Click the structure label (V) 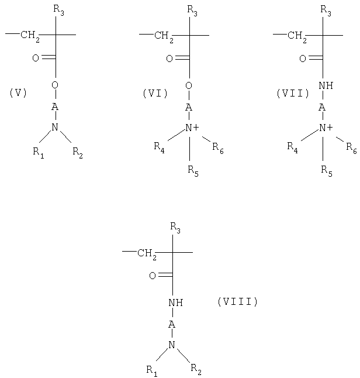click(x=18, y=93)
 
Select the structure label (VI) click(x=155, y=93)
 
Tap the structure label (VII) click(x=293, y=93)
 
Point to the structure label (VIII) click(x=238, y=301)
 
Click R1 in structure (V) click(x=39, y=153)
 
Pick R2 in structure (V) click(x=78, y=153)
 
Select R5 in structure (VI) click(x=193, y=171)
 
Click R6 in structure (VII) click(x=351, y=148)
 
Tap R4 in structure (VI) click(x=160, y=147)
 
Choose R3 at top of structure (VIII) click(x=175, y=228)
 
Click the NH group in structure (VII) click(x=326, y=85)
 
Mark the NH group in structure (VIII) click(x=175, y=303)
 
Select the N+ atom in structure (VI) click(x=192, y=128)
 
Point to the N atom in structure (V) click(x=55, y=127)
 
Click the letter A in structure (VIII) click(x=172, y=324)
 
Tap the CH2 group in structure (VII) click(x=297, y=37)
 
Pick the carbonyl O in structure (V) click(x=36, y=58)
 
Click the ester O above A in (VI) click(x=189, y=85)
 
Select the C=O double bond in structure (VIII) click(x=165, y=276)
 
